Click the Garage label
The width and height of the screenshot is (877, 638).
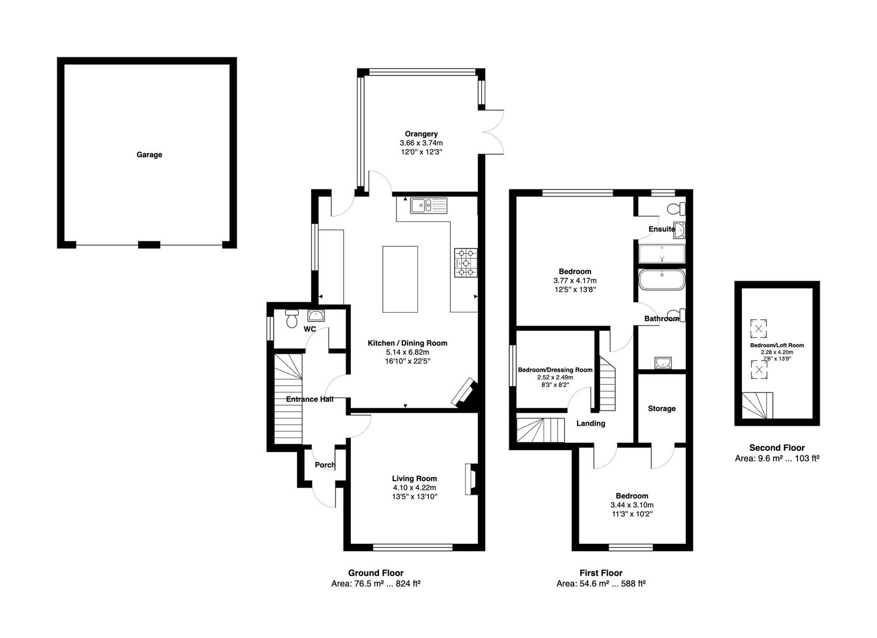[149, 155]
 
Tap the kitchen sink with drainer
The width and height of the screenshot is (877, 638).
[429, 206]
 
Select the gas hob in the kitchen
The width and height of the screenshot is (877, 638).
[466, 263]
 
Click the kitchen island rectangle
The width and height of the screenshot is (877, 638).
[400, 280]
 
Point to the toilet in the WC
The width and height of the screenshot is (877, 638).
[292, 319]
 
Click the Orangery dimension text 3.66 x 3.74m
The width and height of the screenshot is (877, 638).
[422, 143]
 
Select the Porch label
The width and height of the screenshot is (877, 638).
[325, 465]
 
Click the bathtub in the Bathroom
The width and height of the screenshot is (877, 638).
[662, 280]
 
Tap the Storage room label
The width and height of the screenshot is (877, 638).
[662, 409]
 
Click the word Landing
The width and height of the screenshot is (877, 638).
[591, 423]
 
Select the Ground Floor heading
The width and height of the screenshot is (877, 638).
[376, 573]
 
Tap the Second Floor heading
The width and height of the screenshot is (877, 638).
[777, 448]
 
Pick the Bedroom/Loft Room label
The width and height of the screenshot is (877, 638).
[777, 346]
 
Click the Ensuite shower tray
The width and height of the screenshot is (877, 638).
[662, 254]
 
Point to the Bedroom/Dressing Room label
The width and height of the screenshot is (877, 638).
[555, 370]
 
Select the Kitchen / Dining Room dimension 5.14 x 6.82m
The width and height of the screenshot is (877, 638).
[408, 352]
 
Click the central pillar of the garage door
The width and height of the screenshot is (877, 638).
[149, 245]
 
